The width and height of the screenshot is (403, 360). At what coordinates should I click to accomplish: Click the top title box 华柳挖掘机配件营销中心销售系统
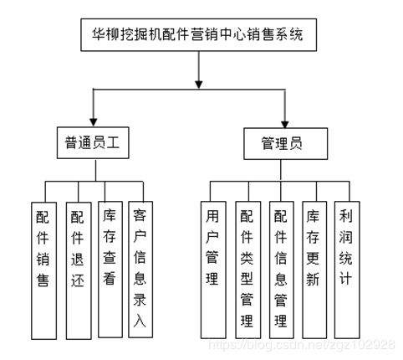tap(198, 35)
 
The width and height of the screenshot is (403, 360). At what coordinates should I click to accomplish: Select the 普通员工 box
tap(93, 143)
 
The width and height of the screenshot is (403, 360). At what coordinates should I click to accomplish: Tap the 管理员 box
tap(285, 144)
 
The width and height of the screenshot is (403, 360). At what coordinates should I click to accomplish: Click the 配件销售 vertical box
tap(43, 270)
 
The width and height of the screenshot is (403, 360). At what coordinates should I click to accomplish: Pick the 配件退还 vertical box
tap(79, 270)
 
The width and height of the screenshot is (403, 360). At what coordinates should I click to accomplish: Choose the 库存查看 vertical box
tap(110, 270)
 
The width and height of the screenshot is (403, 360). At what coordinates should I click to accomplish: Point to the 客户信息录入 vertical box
tap(140, 270)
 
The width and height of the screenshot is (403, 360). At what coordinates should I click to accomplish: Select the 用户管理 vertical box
tap(213, 270)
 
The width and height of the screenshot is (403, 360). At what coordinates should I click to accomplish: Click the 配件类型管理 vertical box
tap(248, 270)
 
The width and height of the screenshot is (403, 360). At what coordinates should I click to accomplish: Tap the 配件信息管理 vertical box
tap(282, 270)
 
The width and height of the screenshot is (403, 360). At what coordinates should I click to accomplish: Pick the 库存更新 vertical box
tap(314, 270)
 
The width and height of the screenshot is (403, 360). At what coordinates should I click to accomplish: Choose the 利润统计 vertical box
tap(347, 270)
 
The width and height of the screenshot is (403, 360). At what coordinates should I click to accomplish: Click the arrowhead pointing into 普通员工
tap(94, 122)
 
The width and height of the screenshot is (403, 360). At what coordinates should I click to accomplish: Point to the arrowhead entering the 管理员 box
tap(284, 124)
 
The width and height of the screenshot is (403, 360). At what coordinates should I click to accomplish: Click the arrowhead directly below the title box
tap(198, 85)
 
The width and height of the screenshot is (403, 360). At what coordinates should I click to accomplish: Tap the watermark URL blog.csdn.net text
tap(301, 345)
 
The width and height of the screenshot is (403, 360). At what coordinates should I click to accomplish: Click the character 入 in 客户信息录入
tap(140, 321)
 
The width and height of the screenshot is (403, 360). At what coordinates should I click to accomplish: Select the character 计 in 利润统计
tap(345, 278)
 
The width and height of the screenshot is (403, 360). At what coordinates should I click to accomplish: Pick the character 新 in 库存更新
tap(313, 279)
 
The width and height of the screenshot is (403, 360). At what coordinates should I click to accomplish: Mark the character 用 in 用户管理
tap(212, 216)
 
